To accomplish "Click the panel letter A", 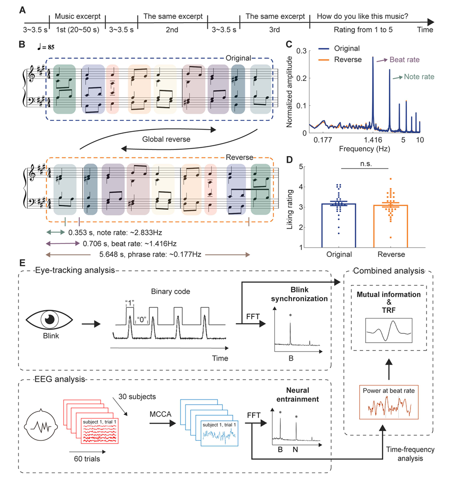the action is point(22,10).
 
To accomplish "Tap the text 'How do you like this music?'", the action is point(362,16).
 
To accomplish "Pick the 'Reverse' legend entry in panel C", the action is point(340,60).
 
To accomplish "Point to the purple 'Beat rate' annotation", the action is point(405,60).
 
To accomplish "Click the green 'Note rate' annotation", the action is point(419,77).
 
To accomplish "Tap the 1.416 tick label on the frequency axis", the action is point(373,140).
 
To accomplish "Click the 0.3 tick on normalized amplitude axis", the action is point(301,51).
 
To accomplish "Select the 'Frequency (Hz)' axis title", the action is point(364,149).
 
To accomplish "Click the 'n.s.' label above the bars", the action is point(366,164).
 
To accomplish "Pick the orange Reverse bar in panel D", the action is point(390,226).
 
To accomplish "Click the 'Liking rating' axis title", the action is point(290,210).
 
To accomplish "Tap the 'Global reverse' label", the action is point(166,139).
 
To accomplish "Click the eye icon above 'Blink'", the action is point(50,319).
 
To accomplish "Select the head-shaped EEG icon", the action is point(41,425).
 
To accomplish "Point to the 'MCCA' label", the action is point(160,414).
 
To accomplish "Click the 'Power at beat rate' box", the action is point(388,402).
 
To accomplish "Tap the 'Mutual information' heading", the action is point(388,294).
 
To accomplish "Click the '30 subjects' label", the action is point(137,397).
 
